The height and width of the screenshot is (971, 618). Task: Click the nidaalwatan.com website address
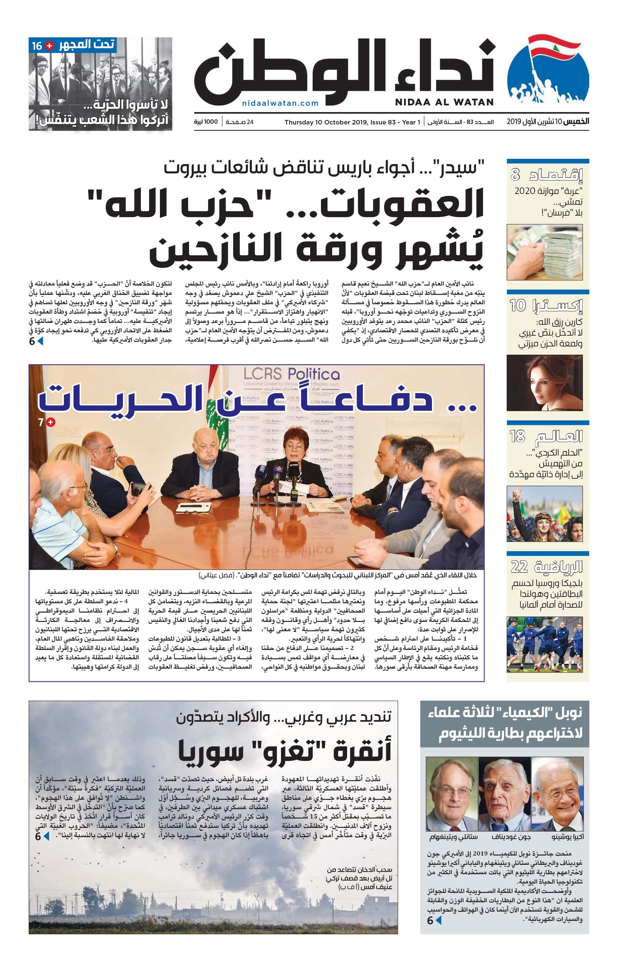(x=280, y=103)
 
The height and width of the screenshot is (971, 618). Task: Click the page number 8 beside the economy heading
(x=515, y=175)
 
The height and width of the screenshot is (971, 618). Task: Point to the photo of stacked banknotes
(x=544, y=252)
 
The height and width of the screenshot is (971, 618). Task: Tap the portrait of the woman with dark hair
(x=544, y=383)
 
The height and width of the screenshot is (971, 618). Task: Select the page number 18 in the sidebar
(x=517, y=436)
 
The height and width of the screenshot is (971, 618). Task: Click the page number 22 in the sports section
(x=519, y=567)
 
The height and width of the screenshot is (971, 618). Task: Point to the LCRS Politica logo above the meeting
(x=291, y=373)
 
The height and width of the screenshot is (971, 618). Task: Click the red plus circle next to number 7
(x=51, y=422)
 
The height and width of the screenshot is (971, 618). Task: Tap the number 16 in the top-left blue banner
(x=37, y=46)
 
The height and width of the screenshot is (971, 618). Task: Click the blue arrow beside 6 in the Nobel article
(x=439, y=920)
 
